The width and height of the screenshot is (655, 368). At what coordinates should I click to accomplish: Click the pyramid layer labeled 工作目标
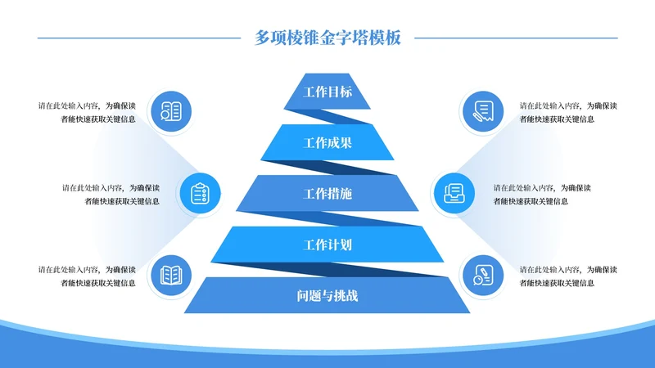click(327, 92)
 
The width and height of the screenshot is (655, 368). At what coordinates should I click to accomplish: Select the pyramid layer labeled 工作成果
click(327, 143)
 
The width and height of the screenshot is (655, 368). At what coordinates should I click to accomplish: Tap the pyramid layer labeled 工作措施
click(327, 194)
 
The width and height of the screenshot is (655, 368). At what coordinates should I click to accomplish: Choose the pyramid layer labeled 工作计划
click(327, 245)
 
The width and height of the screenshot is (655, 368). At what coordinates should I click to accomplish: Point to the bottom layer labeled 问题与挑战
click(327, 295)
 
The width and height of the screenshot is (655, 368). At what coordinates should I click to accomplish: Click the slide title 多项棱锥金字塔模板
click(327, 37)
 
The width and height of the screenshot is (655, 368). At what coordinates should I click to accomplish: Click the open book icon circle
click(170, 275)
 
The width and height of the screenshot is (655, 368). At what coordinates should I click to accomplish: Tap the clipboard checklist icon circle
click(200, 194)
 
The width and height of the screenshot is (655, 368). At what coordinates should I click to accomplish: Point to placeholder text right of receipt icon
click(568, 112)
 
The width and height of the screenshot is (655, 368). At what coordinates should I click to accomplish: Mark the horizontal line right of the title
click(515, 38)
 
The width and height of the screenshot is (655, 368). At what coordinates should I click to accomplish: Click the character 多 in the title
click(262, 37)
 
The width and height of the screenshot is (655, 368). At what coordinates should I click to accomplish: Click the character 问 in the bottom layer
click(303, 295)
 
